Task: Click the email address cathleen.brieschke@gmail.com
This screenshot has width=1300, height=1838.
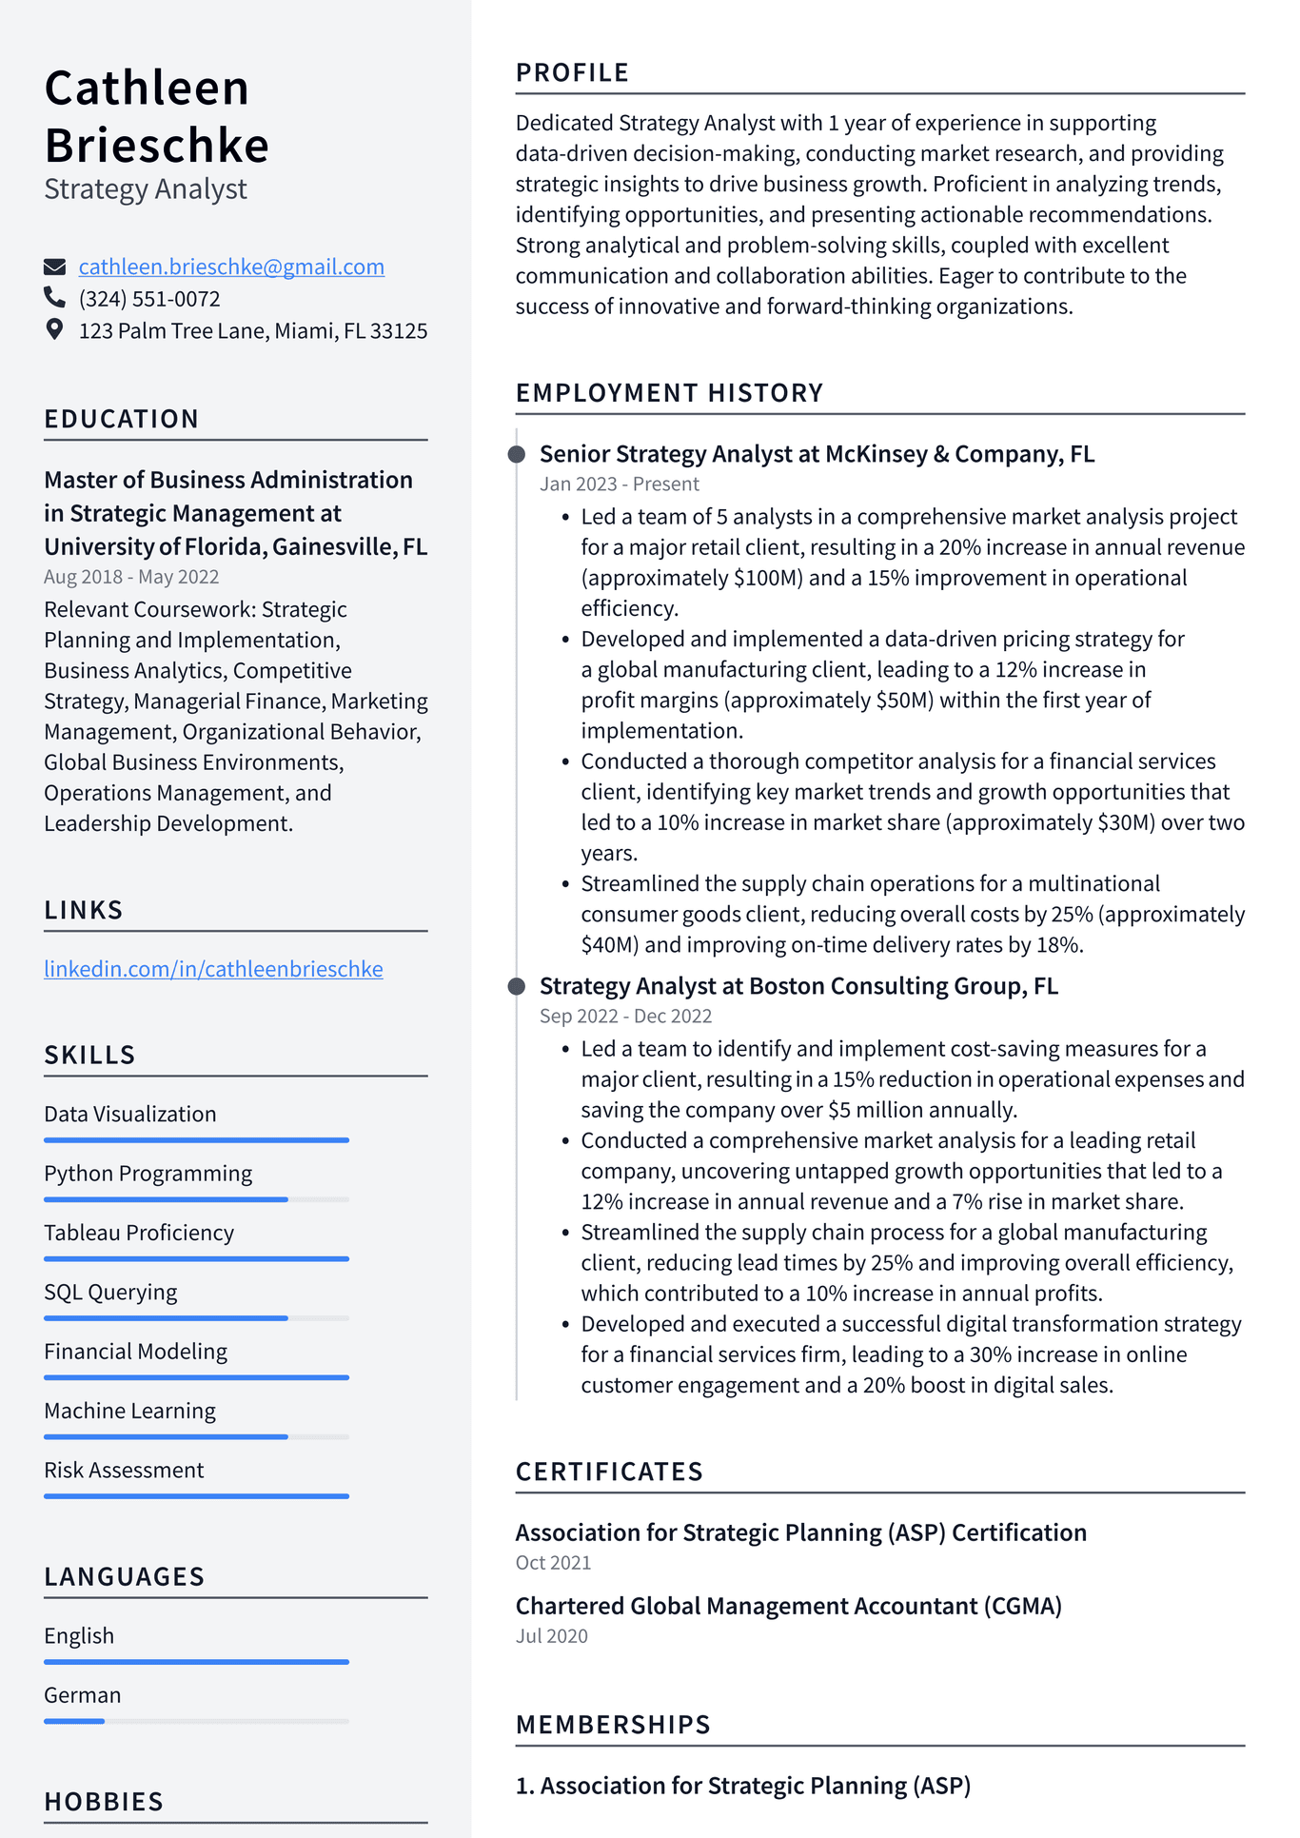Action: [231, 267]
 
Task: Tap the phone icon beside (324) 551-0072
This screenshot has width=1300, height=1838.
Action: [54, 298]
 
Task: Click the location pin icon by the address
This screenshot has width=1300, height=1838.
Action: [54, 330]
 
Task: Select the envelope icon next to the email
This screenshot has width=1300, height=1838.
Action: [55, 267]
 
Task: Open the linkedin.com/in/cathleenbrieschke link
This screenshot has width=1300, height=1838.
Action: [213, 969]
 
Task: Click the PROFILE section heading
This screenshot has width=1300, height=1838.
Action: [572, 72]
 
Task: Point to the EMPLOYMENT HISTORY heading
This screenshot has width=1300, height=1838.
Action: [669, 393]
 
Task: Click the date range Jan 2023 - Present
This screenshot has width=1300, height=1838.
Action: [619, 484]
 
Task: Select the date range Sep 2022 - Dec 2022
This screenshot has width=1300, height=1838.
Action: [625, 1016]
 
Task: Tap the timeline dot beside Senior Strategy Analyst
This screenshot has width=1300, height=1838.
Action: [517, 454]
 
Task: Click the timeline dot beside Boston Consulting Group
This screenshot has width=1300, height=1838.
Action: [517, 986]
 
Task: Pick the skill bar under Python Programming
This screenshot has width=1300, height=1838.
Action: [195, 1199]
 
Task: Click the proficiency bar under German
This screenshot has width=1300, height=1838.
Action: [195, 1721]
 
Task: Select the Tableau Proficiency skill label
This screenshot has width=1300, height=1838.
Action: [139, 1233]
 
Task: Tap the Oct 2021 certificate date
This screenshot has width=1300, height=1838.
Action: [553, 1563]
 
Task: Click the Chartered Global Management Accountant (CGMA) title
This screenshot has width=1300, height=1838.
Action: [788, 1606]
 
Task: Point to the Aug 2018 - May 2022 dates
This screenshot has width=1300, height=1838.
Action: [131, 577]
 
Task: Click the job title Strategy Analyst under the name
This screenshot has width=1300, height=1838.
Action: [146, 189]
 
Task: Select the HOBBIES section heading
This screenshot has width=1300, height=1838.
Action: [104, 1802]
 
